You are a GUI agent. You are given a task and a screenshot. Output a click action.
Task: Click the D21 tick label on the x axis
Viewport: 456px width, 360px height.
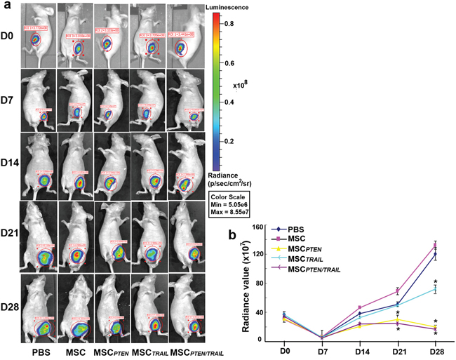coord(398,349)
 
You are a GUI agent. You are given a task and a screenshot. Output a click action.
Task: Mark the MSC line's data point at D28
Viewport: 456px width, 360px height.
coord(435,245)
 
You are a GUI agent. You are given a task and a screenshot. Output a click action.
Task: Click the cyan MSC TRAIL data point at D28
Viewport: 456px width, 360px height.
coord(435,289)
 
